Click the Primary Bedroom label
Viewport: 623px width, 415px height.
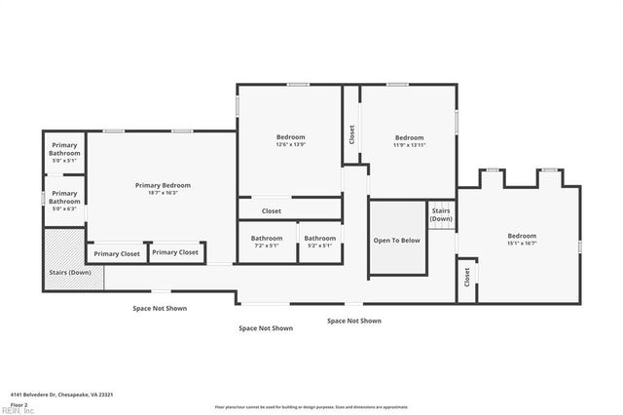163,185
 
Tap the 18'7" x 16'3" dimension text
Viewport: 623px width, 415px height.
163,193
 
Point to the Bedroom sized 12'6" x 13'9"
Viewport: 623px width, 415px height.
290,140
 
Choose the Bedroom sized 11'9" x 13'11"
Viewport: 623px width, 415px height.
409,140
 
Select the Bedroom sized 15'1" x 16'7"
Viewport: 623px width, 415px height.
521,239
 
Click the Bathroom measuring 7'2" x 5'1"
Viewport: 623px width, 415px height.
266,242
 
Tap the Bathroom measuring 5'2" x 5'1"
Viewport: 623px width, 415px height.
318,242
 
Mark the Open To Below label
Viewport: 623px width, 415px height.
397,240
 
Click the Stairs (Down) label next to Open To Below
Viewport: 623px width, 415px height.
442,214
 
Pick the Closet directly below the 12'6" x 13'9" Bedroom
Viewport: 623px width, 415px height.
272,210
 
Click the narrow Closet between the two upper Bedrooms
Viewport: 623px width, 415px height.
351,137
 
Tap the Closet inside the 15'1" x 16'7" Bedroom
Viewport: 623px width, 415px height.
467,279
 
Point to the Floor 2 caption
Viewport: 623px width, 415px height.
18,403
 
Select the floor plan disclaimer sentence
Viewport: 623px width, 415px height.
311,406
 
